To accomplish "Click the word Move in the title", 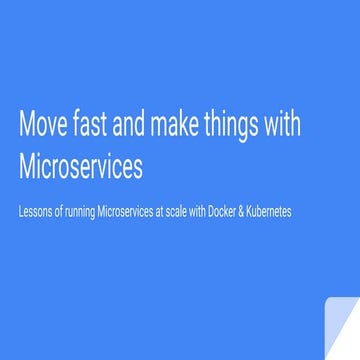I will point(43,127).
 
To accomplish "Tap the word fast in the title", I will point(93,127).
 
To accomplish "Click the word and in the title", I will point(135,127).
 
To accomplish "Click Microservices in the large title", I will point(81,165).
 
